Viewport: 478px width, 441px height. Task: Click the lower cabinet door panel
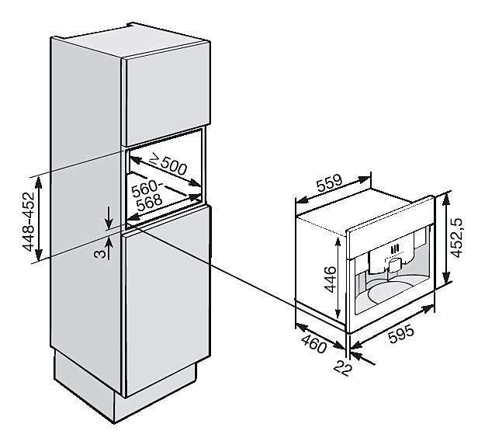pyautogui.click(x=168, y=303)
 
